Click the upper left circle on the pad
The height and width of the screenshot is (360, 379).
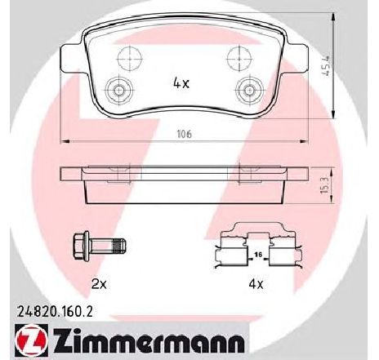pos(127,56)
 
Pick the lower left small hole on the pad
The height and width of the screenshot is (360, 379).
pos(121,91)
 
